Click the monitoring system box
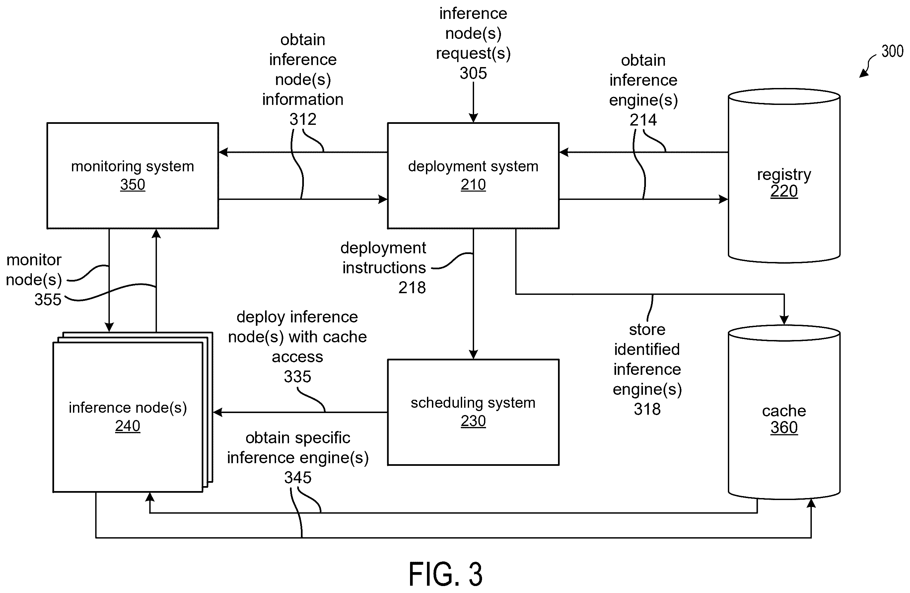point(133,176)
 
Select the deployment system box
point(473,176)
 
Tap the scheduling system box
point(473,412)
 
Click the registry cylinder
point(784,176)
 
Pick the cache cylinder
point(784,412)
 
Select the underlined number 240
point(128,426)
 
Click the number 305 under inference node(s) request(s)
point(473,73)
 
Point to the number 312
point(303,120)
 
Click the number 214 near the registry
point(643,120)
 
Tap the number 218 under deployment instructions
point(412,288)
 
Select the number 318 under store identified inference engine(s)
point(647,409)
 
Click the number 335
point(298,377)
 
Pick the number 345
point(298,478)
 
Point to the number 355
point(48,300)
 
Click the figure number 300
point(892,51)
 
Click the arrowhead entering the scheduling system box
point(473,355)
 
